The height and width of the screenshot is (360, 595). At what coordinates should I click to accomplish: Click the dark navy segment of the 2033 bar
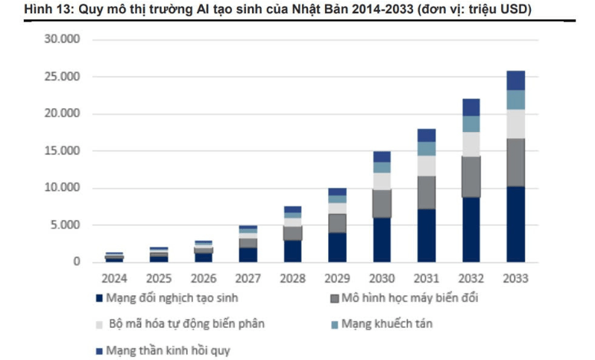coord(516,224)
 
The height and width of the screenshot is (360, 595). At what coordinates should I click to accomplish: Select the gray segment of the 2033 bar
coord(516,162)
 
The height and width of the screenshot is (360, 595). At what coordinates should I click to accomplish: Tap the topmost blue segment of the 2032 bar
coord(471,107)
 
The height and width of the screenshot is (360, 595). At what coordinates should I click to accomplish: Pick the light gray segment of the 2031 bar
coord(426,165)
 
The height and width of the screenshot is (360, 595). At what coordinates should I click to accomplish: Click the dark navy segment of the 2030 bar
coord(382,239)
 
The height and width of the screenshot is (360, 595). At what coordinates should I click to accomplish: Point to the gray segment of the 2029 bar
coord(337,223)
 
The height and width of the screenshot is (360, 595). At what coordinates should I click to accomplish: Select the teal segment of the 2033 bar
coord(516,100)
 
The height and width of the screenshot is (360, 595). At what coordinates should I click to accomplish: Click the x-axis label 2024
coord(114,279)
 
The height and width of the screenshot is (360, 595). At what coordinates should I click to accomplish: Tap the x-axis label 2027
coord(248,279)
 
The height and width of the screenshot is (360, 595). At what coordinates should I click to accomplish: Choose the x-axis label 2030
coord(382,279)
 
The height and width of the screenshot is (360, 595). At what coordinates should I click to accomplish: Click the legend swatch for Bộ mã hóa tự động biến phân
coord(100,325)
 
